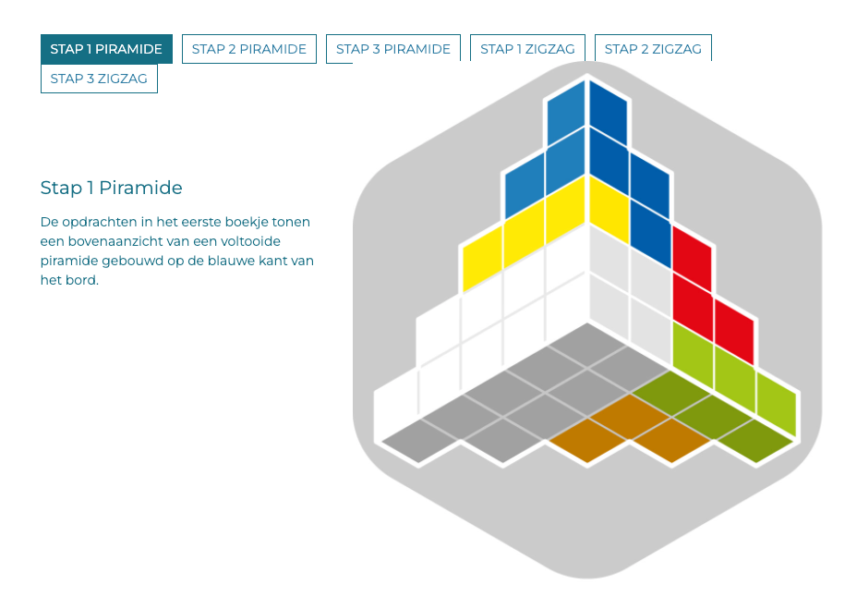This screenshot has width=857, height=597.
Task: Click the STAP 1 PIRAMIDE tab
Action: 106,49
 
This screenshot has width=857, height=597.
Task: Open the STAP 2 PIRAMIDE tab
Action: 249,49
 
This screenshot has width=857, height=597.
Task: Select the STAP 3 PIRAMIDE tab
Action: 393,49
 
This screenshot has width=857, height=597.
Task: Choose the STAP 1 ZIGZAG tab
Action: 527,49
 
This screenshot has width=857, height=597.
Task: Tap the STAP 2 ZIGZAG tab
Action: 653,49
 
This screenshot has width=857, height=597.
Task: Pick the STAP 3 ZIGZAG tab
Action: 99,79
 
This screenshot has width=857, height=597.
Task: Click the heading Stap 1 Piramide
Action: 112,188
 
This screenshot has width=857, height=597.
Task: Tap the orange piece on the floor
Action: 630,428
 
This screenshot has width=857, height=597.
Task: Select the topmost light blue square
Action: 566,113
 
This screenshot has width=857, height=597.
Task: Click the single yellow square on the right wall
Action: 610,210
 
